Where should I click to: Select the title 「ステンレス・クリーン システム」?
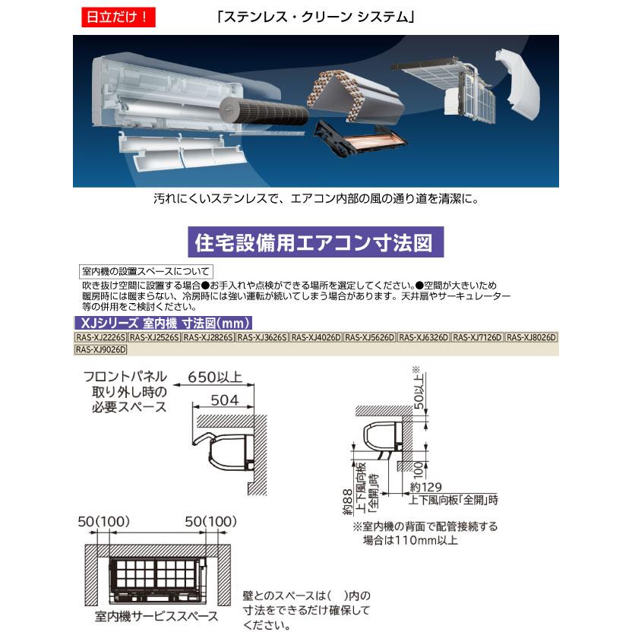(315, 16)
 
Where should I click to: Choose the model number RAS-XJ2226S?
(100, 337)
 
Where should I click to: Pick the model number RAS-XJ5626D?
(370, 337)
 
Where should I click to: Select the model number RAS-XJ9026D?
(100, 349)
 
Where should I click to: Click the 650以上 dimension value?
(216, 378)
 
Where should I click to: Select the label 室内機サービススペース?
(157, 615)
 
